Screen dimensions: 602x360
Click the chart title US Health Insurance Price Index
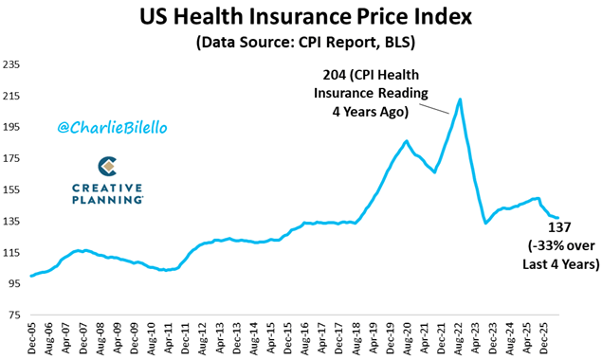(305, 17)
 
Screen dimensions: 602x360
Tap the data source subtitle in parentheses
(305, 43)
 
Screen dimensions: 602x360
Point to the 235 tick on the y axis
(11, 64)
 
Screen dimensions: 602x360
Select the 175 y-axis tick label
(11, 158)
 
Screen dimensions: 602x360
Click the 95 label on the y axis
(13, 284)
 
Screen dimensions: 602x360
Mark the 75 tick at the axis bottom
(13, 315)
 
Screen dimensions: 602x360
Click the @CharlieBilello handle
(112, 127)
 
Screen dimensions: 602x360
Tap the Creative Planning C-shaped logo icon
(107, 166)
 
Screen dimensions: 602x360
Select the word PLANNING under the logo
(107, 200)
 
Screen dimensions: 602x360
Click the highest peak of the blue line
(460, 99)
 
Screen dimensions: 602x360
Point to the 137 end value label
(559, 227)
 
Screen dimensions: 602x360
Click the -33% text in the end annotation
(545, 245)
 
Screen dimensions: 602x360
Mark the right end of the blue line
(557, 218)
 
